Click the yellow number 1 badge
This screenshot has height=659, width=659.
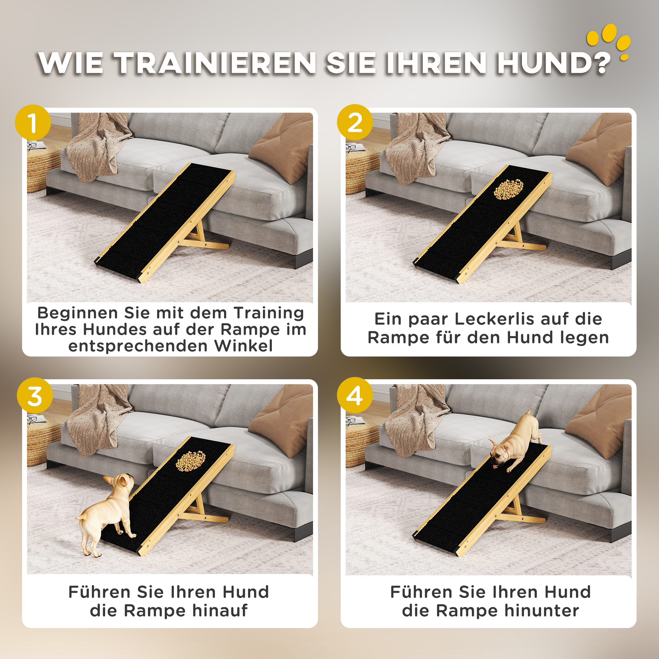point(33,123)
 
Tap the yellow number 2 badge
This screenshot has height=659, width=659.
point(355,123)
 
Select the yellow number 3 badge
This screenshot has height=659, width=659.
point(35,396)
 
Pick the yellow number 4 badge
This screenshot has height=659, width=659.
point(355,396)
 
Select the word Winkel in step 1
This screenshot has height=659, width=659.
point(244,346)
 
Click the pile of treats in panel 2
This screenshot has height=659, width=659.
point(508,190)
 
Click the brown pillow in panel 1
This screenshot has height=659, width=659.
point(283,147)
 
